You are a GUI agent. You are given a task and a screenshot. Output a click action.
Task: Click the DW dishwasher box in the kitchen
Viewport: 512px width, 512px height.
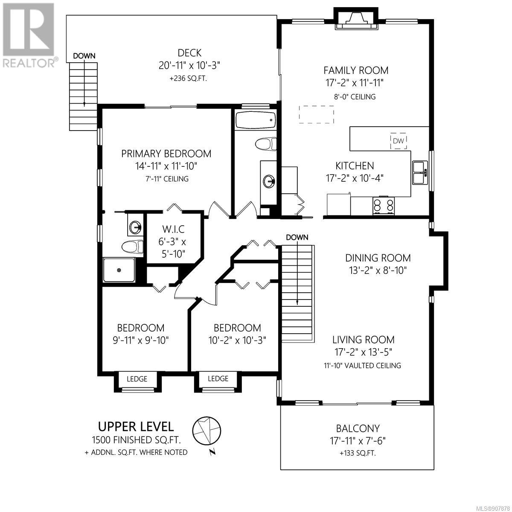pos(398,141)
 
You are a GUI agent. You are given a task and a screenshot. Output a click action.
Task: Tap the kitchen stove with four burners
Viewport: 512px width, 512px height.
pos(384,205)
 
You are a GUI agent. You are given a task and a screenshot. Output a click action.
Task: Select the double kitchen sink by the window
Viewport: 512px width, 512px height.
pos(420,173)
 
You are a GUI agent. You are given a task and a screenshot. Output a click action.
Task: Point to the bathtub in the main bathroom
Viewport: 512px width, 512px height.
pos(255,120)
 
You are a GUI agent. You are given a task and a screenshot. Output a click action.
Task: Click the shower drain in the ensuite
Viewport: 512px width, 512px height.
pos(119,270)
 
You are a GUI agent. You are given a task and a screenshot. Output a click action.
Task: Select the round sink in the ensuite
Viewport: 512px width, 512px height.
pos(135,227)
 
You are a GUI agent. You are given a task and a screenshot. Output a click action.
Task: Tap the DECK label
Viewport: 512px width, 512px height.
pos(189,53)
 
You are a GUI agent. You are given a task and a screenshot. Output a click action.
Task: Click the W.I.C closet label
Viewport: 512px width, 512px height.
pos(173,229)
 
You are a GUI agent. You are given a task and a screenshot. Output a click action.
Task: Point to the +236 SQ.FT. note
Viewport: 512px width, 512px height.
pos(188,79)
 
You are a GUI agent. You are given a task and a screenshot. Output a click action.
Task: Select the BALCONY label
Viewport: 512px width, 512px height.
pos(358,428)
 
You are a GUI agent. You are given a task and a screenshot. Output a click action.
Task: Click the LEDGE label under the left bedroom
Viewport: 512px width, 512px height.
pos(137,378)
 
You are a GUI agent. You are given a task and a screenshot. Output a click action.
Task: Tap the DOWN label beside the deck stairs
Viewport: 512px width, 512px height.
pos(84,56)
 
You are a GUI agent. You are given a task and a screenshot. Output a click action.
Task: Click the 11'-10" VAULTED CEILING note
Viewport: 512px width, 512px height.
pos(362,365)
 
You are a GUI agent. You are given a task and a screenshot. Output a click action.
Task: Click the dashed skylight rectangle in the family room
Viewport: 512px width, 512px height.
pos(316,114)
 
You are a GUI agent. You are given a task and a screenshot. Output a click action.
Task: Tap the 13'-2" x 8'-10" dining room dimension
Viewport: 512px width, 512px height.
pos(378,271)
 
